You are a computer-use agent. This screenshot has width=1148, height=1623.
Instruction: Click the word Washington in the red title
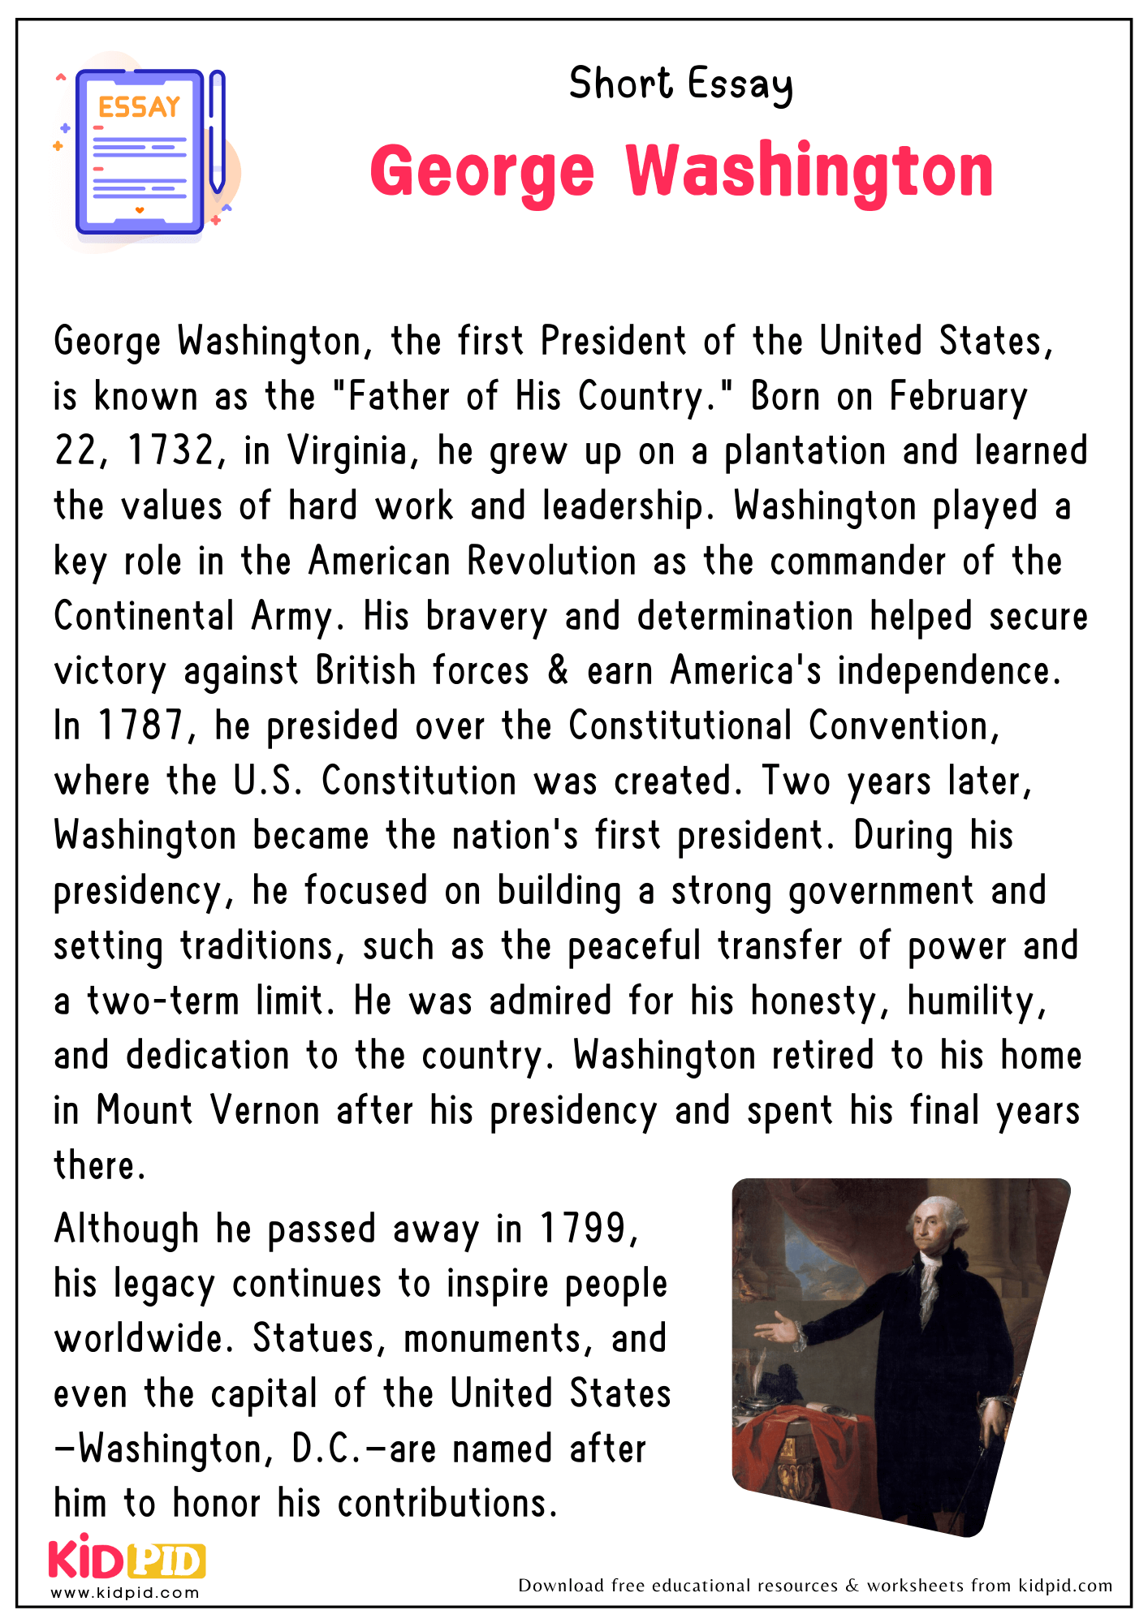pyautogui.click(x=809, y=171)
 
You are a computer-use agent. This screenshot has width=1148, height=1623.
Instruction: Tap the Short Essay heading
pyautogui.click(x=680, y=84)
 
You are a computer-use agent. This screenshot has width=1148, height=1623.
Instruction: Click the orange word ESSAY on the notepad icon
pyautogui.click(x=139, y=107)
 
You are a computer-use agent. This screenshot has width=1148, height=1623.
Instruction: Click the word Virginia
pyautogui.click(x=347, y=451)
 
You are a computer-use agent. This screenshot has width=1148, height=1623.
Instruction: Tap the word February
pyautogui.click(x=958, y=397)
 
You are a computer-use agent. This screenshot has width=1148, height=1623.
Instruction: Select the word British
pyautogui.click(x=365, y=671)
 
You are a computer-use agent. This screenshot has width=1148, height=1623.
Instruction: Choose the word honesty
pyautogui.click(x=816, y=1001)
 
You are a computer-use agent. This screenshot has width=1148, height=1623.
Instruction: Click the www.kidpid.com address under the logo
pyautogui.click(x=125, y=1593)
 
